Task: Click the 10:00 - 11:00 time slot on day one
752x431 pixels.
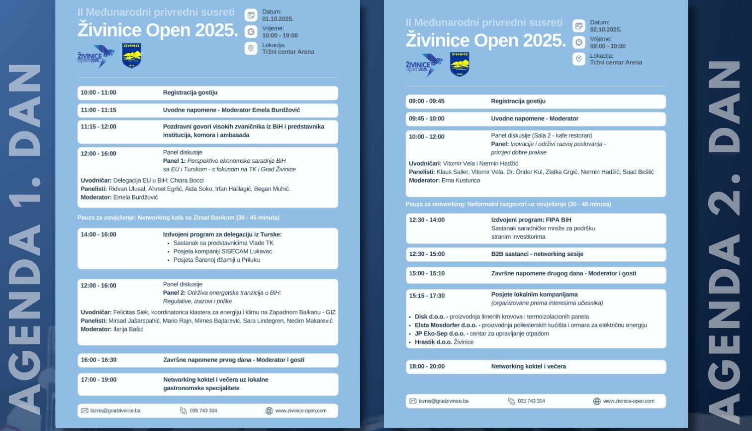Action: coord(98,93)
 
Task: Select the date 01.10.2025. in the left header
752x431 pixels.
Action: coord(278,19)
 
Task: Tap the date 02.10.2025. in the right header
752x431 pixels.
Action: coord(605,29)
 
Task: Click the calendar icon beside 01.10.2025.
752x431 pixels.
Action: coord(251,15)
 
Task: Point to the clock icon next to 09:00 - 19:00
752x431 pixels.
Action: coord(579,42)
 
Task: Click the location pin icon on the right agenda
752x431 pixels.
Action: coord(579,59)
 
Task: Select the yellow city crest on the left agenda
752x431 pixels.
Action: coord(131,55)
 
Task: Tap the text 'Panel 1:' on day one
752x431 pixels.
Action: coord(174,161)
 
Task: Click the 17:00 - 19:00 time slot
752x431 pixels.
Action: coord(98,380)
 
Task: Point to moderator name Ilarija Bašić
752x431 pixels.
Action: coord(128,329)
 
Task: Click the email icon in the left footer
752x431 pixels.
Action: coord(85,411)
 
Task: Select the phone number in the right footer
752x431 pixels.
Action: coord(531,401)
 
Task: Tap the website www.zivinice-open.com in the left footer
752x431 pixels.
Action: coord(300,411)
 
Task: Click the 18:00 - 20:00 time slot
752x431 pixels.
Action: coord(427,366)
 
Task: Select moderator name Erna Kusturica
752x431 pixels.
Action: coord(461,180)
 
